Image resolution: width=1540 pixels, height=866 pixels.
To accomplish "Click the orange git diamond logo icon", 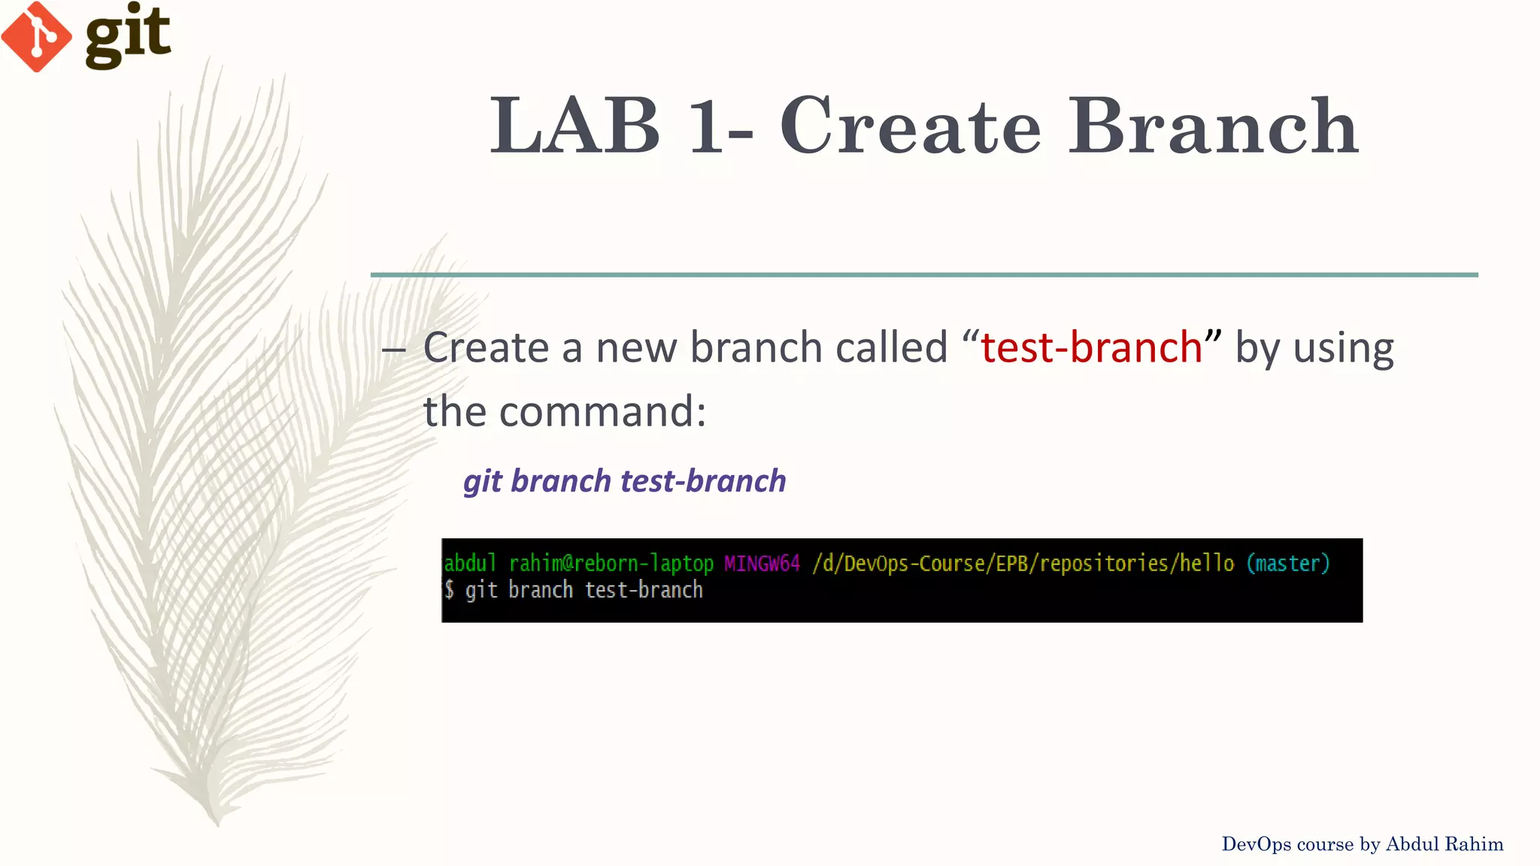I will [x=36, y=36].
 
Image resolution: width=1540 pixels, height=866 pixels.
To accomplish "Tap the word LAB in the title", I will [x=575, y=126].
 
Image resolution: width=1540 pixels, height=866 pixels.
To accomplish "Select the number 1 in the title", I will [x=705, y=126].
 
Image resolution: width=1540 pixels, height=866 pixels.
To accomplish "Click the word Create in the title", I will [x=910, y=126].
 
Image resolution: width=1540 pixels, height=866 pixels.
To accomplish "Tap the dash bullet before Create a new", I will [x=393, y=349].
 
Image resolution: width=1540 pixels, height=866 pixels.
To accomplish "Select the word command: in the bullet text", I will [x=602, y=412].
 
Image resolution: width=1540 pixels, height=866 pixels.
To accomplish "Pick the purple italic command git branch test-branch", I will [x=624, y=481].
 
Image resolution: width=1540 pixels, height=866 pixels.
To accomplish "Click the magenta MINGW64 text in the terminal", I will [x=762, y=563].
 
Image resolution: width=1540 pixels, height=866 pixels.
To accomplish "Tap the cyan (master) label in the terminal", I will [x=1288, y=563].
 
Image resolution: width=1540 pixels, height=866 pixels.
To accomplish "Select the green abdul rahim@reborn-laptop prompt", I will [x=578, y=563].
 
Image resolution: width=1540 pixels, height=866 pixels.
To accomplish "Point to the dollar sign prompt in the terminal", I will [x=449, y=590].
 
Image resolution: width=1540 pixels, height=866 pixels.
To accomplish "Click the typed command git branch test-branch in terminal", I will [x=584, y=590].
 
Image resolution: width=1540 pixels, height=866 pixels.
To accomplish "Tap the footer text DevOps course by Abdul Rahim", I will [x=1362, y=844].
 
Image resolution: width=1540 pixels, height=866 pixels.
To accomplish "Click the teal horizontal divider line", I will [x=923, y=275].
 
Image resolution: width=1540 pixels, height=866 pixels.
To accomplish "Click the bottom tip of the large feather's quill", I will [x=217, y=822].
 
